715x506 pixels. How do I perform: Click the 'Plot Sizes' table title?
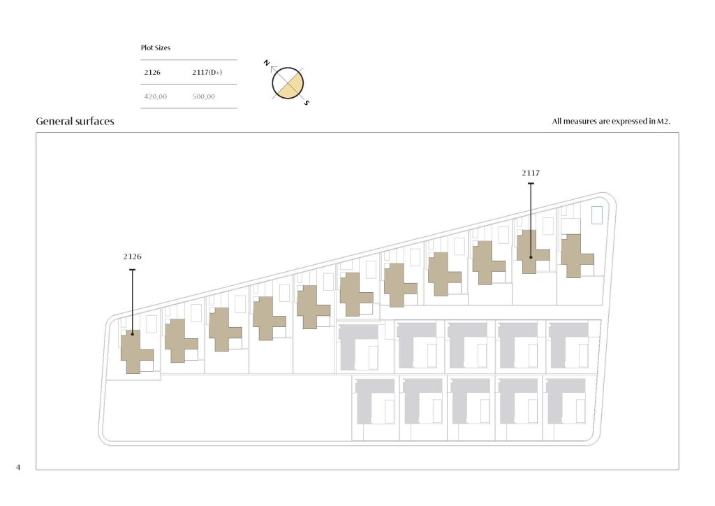156,48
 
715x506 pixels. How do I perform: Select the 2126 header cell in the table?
152,72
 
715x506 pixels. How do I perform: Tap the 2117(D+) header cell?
207,72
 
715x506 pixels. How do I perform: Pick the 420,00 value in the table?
156,96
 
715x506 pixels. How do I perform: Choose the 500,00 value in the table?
203,96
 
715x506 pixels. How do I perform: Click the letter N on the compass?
267,63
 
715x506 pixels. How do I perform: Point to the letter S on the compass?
307,103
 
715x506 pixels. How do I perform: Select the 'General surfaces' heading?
75,122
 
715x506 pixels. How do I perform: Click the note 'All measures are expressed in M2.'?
611,122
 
